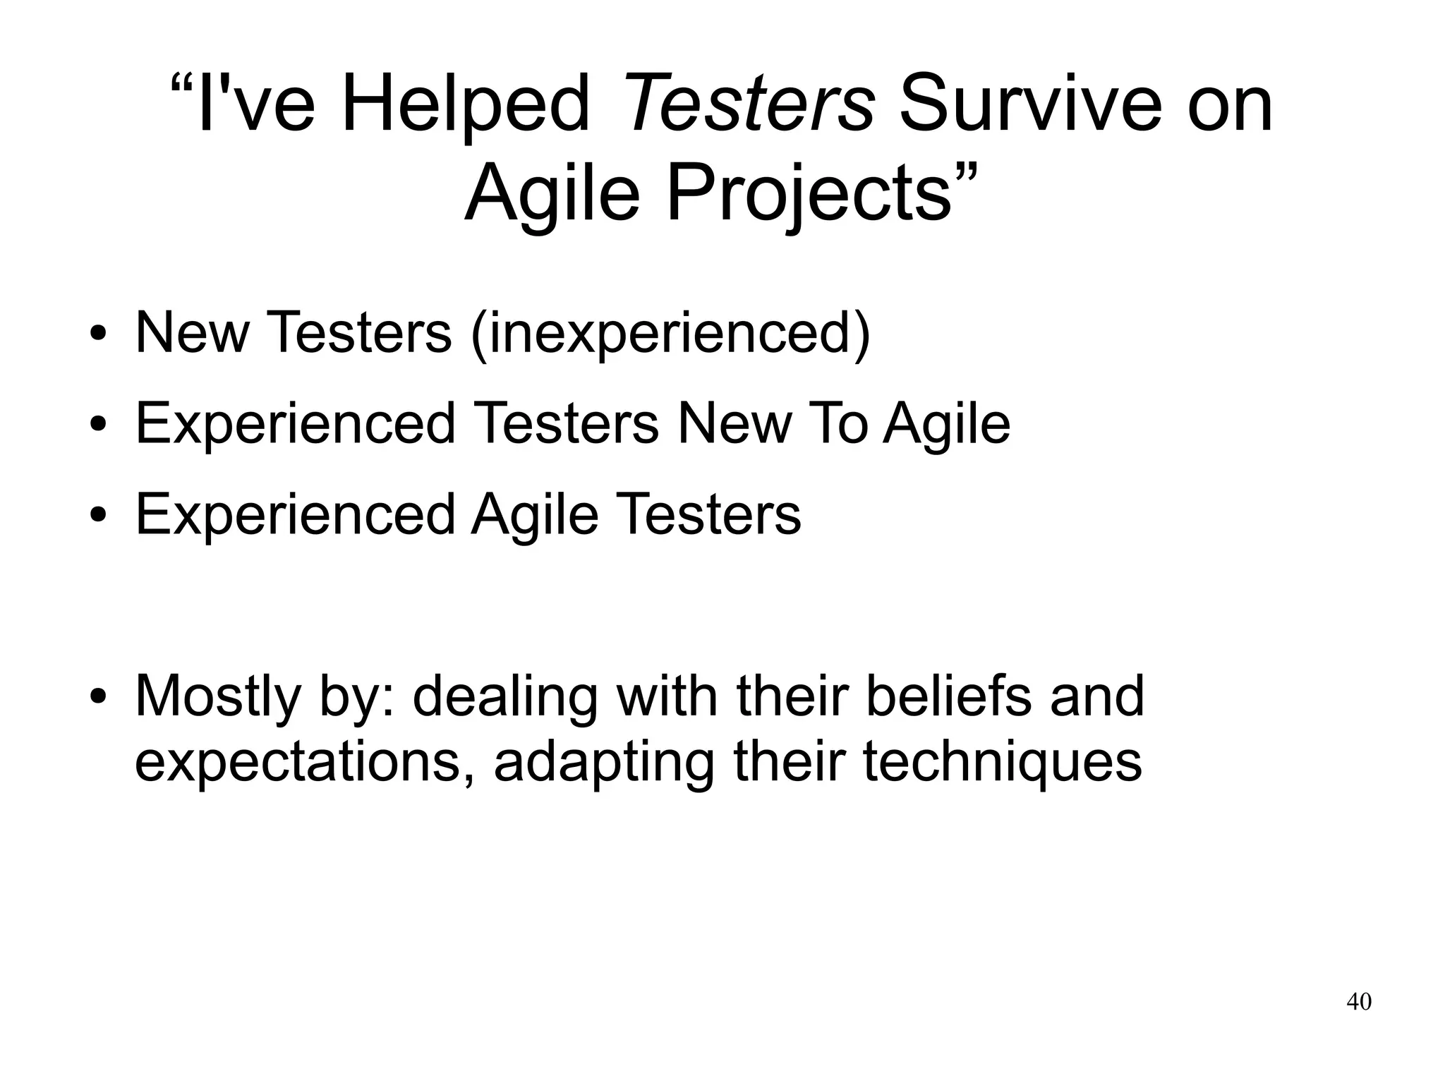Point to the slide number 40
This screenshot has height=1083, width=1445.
click(1359, 1002)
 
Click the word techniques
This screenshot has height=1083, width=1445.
click(1002, 763)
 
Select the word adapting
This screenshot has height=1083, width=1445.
click(603, 763)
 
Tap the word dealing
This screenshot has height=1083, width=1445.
click(504, 697)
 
